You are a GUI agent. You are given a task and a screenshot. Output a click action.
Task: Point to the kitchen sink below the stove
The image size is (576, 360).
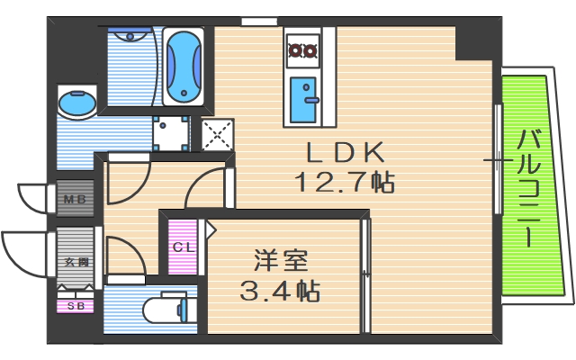tap(303, 99)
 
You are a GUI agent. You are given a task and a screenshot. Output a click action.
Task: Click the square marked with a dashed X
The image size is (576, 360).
tap(216, 135)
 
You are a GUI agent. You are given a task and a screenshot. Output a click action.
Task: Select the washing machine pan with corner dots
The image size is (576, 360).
tap(172, 133)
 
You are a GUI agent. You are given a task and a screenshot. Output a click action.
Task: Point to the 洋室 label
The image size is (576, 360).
tap(281, 260)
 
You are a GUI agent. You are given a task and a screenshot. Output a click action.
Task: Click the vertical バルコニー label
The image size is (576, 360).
tap(531, 189)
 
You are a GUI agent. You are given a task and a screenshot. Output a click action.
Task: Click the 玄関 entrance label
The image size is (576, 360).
tap(76, 262)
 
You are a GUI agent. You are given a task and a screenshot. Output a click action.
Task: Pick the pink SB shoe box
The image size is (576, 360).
tap(75, 306)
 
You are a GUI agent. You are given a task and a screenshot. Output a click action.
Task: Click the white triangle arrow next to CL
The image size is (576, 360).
tap(211, 231)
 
